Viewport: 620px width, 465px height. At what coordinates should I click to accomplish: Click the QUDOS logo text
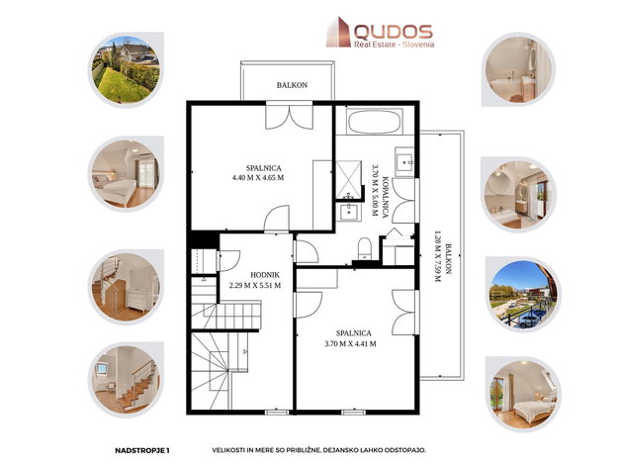[x=393, y=32]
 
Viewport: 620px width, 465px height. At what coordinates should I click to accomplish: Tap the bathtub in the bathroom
[x=375, y=122]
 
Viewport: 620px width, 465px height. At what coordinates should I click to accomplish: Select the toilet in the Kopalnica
[x=364, y=248]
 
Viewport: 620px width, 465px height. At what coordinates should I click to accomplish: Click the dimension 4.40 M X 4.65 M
[x=258, y=178]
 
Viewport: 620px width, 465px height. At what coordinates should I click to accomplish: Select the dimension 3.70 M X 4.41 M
[x=350, y=344]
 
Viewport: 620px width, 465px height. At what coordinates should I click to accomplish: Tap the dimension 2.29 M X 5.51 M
[x=255, y=285]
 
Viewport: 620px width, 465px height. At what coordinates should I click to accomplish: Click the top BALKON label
[x=292, y=85]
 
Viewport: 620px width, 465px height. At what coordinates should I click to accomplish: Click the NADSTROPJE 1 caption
[x=142, y=450]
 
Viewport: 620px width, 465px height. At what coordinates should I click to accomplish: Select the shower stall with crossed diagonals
[x=348, y=180]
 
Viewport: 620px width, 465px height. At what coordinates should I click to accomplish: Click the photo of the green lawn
[x=126, y=69]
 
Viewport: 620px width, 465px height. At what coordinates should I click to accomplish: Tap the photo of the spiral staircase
[x=126, y=287]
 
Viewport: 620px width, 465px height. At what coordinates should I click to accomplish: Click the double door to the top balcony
[x=290, y=115]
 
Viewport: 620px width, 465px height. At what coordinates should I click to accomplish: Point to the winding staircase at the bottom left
[x=220, y=371]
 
